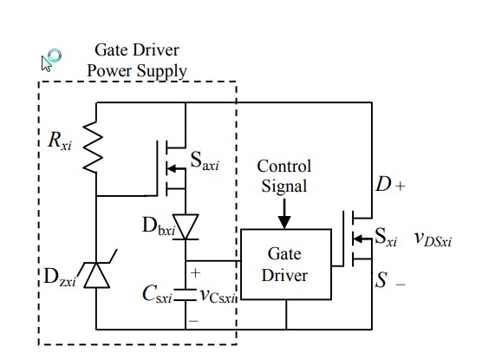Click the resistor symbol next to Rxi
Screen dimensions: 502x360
(x=94, y=147)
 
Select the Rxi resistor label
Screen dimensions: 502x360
(x=60, y=141)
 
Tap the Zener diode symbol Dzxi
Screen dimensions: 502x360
(x=97, y=275)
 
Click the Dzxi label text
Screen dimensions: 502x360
(x=60, y=277)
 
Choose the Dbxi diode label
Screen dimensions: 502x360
(x=159, y=226)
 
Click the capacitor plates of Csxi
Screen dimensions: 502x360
(x=186, y=295)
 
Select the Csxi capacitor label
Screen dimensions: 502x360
(x=157, y=294)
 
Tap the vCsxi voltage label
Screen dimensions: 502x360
(x=218, y=295)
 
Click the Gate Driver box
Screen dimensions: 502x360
(x=286, y=265)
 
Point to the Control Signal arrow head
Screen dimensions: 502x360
(x=284, y=222)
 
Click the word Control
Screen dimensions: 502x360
(x=284, y=167)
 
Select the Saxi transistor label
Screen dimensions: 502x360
(x=205, y=160)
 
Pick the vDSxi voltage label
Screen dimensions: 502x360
(x=434, y=239)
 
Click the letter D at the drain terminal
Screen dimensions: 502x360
(x=383, y=184)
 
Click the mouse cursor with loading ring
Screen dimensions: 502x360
(x=51, y=60)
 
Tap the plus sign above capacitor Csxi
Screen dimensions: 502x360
(x=195, y=273)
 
